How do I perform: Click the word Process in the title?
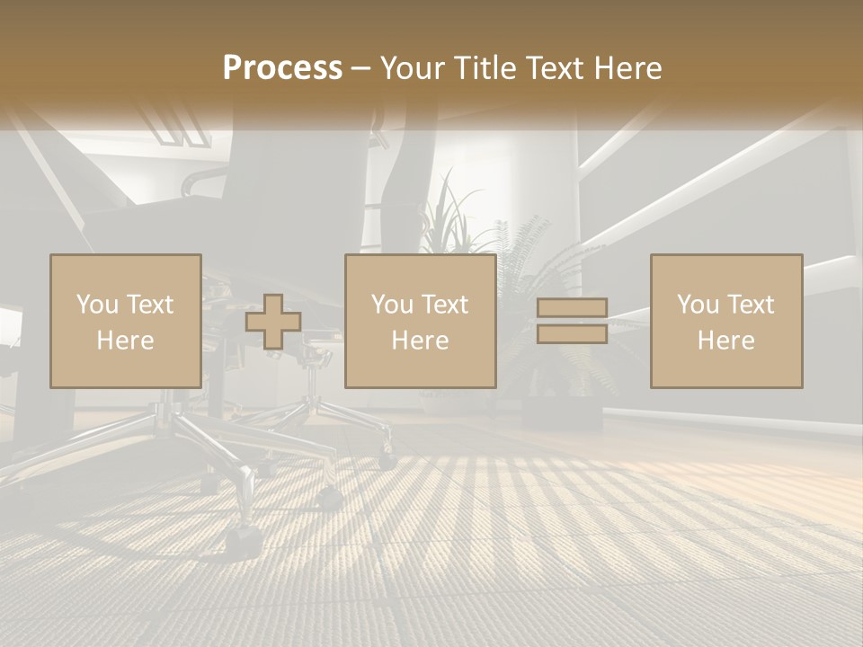[282, 68]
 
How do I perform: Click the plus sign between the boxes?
[273, 322]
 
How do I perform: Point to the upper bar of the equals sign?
[572, 308]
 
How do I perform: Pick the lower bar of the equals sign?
[572, 333]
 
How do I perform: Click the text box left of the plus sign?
[125, 321]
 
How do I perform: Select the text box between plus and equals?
[420, 321]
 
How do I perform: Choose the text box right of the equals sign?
[725, 321]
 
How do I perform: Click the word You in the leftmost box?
[96, 305]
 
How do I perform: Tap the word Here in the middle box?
[420, 340]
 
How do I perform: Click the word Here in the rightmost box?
[725, 340]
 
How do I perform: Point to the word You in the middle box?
[391, 305]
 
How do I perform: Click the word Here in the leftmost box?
[125, 340]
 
